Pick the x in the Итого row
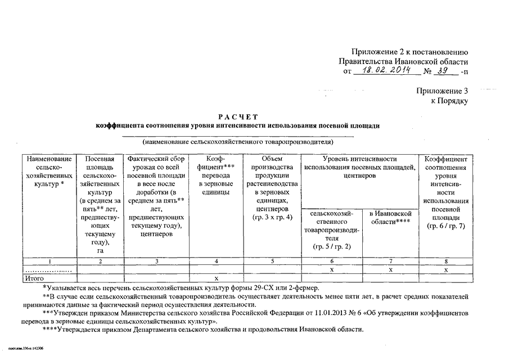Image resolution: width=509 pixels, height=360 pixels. pos(217,278)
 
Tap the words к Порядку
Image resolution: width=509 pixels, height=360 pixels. pos(449,101)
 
